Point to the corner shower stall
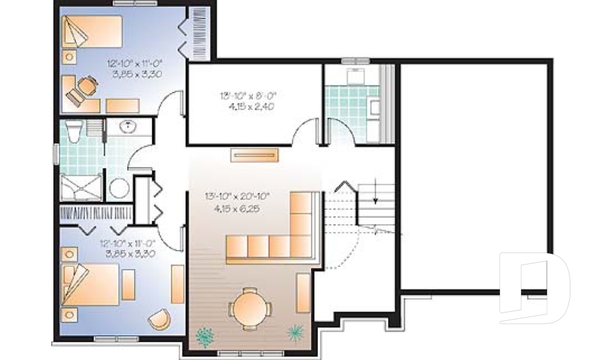(80, 187)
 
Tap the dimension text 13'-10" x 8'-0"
(248, 96)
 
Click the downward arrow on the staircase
(375, 192)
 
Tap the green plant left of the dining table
(205, 336)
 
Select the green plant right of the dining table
(295, 332)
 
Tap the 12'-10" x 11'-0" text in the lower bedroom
(127, 242)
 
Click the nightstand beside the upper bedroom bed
(69, 56)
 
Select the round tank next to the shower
(119, 188)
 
